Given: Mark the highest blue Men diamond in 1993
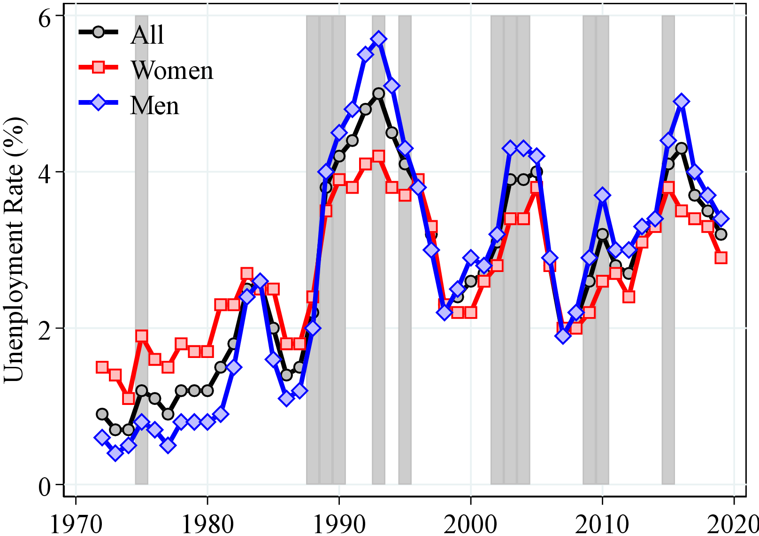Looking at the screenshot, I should [378, 39].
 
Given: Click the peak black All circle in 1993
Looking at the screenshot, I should [378, 93].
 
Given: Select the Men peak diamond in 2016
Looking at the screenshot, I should [682, 101].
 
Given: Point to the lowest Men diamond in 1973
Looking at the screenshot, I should [115, 453].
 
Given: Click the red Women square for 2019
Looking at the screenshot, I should [721, 257].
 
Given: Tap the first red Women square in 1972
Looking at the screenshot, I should [102, 367].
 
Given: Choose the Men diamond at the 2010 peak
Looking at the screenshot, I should [603, 195].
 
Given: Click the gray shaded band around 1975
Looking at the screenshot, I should [141, 282].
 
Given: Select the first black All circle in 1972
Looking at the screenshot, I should [102, 414].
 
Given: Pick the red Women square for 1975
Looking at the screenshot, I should [142, 336].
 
